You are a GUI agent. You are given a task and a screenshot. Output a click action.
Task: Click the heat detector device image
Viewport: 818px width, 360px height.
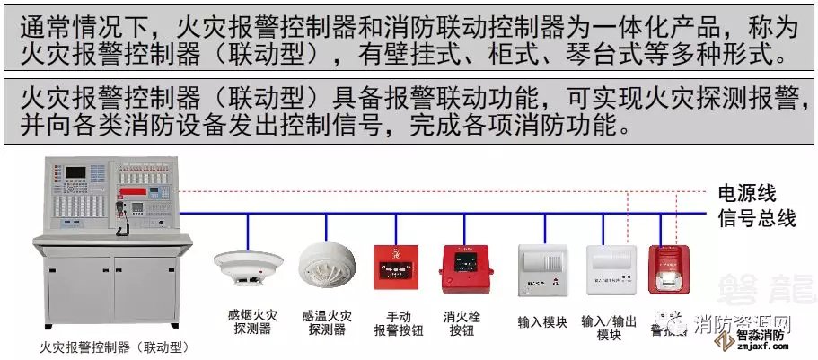[328, 261]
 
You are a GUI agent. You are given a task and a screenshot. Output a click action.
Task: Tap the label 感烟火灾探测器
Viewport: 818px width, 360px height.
[251, 322]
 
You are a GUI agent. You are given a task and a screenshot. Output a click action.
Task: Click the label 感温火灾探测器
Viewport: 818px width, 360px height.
[327, 322]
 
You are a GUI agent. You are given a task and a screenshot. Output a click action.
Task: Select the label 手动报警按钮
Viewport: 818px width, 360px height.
[399, 322]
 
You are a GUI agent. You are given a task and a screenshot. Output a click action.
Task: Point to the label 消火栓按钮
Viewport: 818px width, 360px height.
[464, 322]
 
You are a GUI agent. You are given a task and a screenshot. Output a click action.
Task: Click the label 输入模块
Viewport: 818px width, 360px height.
[542, 320]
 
